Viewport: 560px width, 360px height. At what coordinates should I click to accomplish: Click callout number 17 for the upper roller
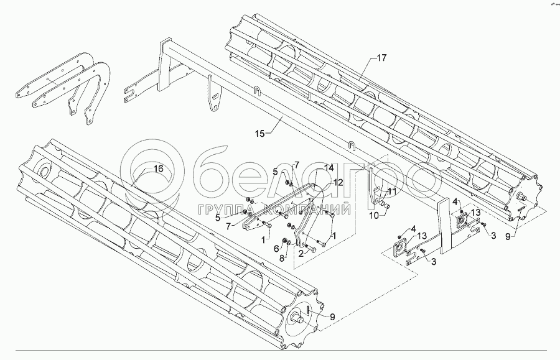pyautogui.click(x=381, y=58)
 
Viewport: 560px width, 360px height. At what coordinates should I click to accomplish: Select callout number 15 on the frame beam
pyautogui.click(x=259, y=133)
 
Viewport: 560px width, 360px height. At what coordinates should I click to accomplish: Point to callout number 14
pyautogui.click(x=329, y=168)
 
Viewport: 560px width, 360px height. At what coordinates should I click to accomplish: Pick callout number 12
pyautogui.click(x=338, y=183)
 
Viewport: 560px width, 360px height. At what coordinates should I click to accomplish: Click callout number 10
pyautogui.click(x=373, y=216)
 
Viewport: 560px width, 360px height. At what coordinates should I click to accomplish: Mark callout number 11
pyautogui.click(x=391, y=191)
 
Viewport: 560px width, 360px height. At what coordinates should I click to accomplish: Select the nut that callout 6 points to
pyautogui.click(x=287, y=241)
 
